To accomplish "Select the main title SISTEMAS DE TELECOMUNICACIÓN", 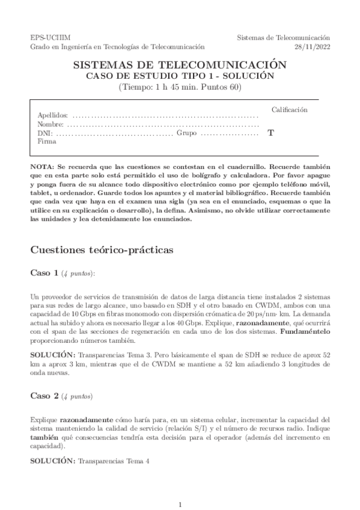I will click(180, 65).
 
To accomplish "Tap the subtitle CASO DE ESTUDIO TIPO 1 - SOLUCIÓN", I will click(180, 76).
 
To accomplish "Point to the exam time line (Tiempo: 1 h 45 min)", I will click(180, 87).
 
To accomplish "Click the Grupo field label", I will click(186, 133).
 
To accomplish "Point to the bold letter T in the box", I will click(270, 133).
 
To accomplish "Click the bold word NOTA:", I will click(42, 165).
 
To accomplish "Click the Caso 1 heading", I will click(44, 273).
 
